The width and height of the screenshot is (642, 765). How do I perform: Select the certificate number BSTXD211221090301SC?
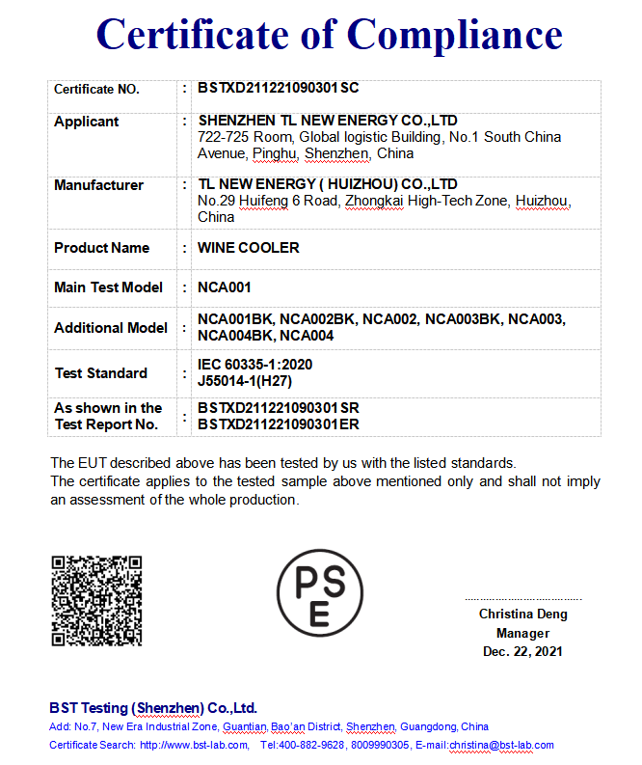[x=278, y=89]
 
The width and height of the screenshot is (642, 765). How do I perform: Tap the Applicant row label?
[x=87, y=122]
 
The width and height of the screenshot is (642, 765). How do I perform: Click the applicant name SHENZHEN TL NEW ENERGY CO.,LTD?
[x=327, y=121]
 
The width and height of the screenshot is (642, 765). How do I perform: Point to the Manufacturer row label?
[x=98, y=185]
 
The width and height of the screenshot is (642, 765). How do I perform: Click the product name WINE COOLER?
[x=248, y=248]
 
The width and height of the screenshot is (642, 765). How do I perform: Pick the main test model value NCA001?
[x=224, y=287]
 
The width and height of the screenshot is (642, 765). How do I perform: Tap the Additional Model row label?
[x=111, y=328]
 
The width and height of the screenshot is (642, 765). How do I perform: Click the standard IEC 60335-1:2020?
[x=254, y=365]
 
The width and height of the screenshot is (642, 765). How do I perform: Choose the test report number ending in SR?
[x=278, y=408]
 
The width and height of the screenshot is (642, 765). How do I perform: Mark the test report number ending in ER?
[x=278, y=423]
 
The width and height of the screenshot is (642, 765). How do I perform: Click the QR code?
[x=96, y=600]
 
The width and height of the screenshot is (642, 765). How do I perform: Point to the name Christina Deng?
[x=522, y=615]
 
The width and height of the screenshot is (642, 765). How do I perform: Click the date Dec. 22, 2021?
[x=522, y=652]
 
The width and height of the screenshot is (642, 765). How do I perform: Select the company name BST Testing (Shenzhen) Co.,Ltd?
[x=153, y=707]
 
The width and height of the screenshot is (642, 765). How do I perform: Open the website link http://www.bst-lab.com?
[x=194, y=745]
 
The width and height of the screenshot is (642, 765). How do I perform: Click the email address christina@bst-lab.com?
[x=501, y=745]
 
